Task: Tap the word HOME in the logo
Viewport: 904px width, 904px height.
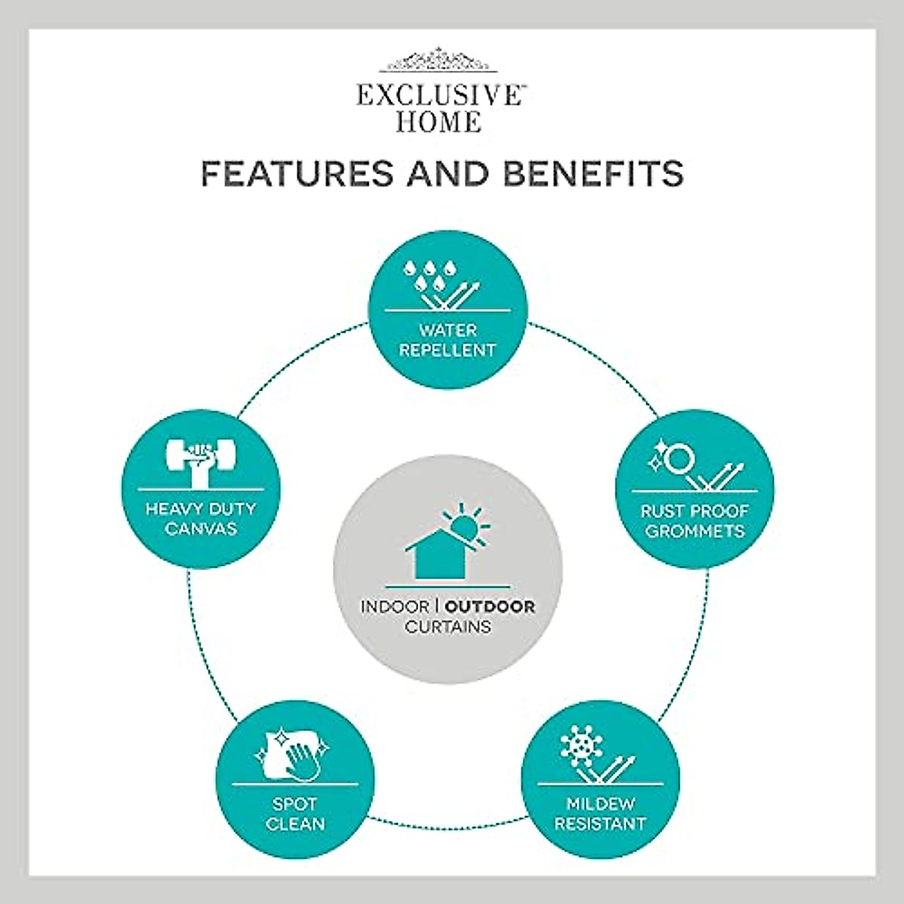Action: (438, 121)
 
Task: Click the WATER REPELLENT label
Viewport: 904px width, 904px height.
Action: (447, 340)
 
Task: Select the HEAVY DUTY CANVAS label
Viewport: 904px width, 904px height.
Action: (200, 518)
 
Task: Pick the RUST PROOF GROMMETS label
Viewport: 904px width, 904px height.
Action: (695, 521)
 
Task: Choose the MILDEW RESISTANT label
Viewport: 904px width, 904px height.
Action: (600, 814)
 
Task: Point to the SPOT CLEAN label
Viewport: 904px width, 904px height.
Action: (295, 814)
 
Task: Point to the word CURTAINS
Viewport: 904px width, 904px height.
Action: (447, 626)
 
